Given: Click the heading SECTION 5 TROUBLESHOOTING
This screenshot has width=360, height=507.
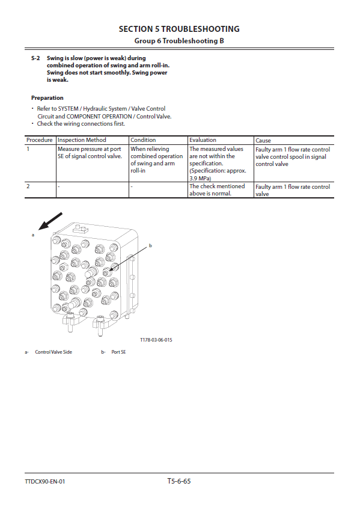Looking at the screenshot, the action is coord(179,29).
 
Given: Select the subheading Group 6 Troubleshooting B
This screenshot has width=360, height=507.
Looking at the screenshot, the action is coord(179,41).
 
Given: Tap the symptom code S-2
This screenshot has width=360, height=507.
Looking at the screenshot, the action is coord(35,58).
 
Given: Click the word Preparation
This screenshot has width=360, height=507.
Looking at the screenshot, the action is coord(47,97).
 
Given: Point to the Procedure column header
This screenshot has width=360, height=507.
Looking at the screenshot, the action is coord(40,140).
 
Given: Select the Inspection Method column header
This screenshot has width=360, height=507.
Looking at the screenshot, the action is coord(82,140).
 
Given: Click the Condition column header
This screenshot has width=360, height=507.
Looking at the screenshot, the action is coord(143,140).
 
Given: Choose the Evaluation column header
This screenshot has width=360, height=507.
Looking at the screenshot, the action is coord(203,140).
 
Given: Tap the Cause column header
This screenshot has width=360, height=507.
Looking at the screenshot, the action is coord(263,140).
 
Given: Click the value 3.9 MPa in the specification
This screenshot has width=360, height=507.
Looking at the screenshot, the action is coord(200,178).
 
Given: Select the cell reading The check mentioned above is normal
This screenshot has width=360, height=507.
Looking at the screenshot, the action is coord(217,190).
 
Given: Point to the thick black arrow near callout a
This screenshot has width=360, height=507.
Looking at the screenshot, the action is coord(50,221).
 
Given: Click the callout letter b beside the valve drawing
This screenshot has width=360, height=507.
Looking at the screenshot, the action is coord(150,246).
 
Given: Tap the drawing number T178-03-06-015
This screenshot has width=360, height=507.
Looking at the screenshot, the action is coord(156,340).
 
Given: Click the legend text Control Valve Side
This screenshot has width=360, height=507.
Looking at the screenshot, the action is coord(53,352).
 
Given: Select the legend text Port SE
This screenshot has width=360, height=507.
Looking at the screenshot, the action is coord(118,352).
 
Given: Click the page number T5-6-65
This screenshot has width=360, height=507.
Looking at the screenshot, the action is coord(179,481).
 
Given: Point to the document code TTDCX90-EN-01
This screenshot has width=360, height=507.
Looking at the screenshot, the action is coord(45,482).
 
